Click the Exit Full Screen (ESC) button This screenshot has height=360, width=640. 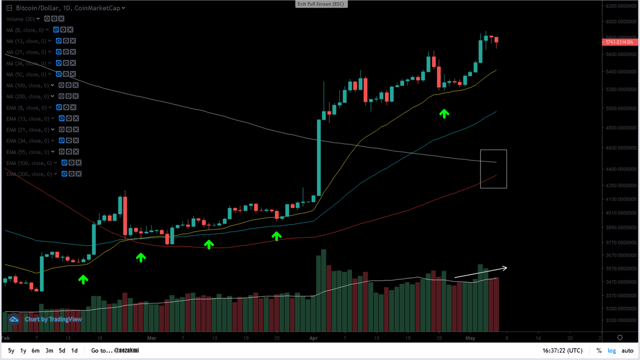click(320, 4)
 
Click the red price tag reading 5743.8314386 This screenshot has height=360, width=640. click(619, 42)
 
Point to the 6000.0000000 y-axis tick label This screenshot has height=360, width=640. click(620, 21)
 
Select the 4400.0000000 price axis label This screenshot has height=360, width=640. click(620, 169)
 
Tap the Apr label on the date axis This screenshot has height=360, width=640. click(313, 338)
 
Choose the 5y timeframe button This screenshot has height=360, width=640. click(11, 350)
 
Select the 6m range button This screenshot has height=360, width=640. click(35, 350)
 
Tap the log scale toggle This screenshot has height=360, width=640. click(611, 350)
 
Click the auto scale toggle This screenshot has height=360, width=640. click(628, 350)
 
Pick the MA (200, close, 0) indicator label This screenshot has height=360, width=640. click(28, 96)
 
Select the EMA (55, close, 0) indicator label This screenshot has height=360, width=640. click(28, 152)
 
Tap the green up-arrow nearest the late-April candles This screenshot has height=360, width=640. click(444, 113)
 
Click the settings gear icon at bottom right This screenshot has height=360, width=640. click(620, 338)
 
